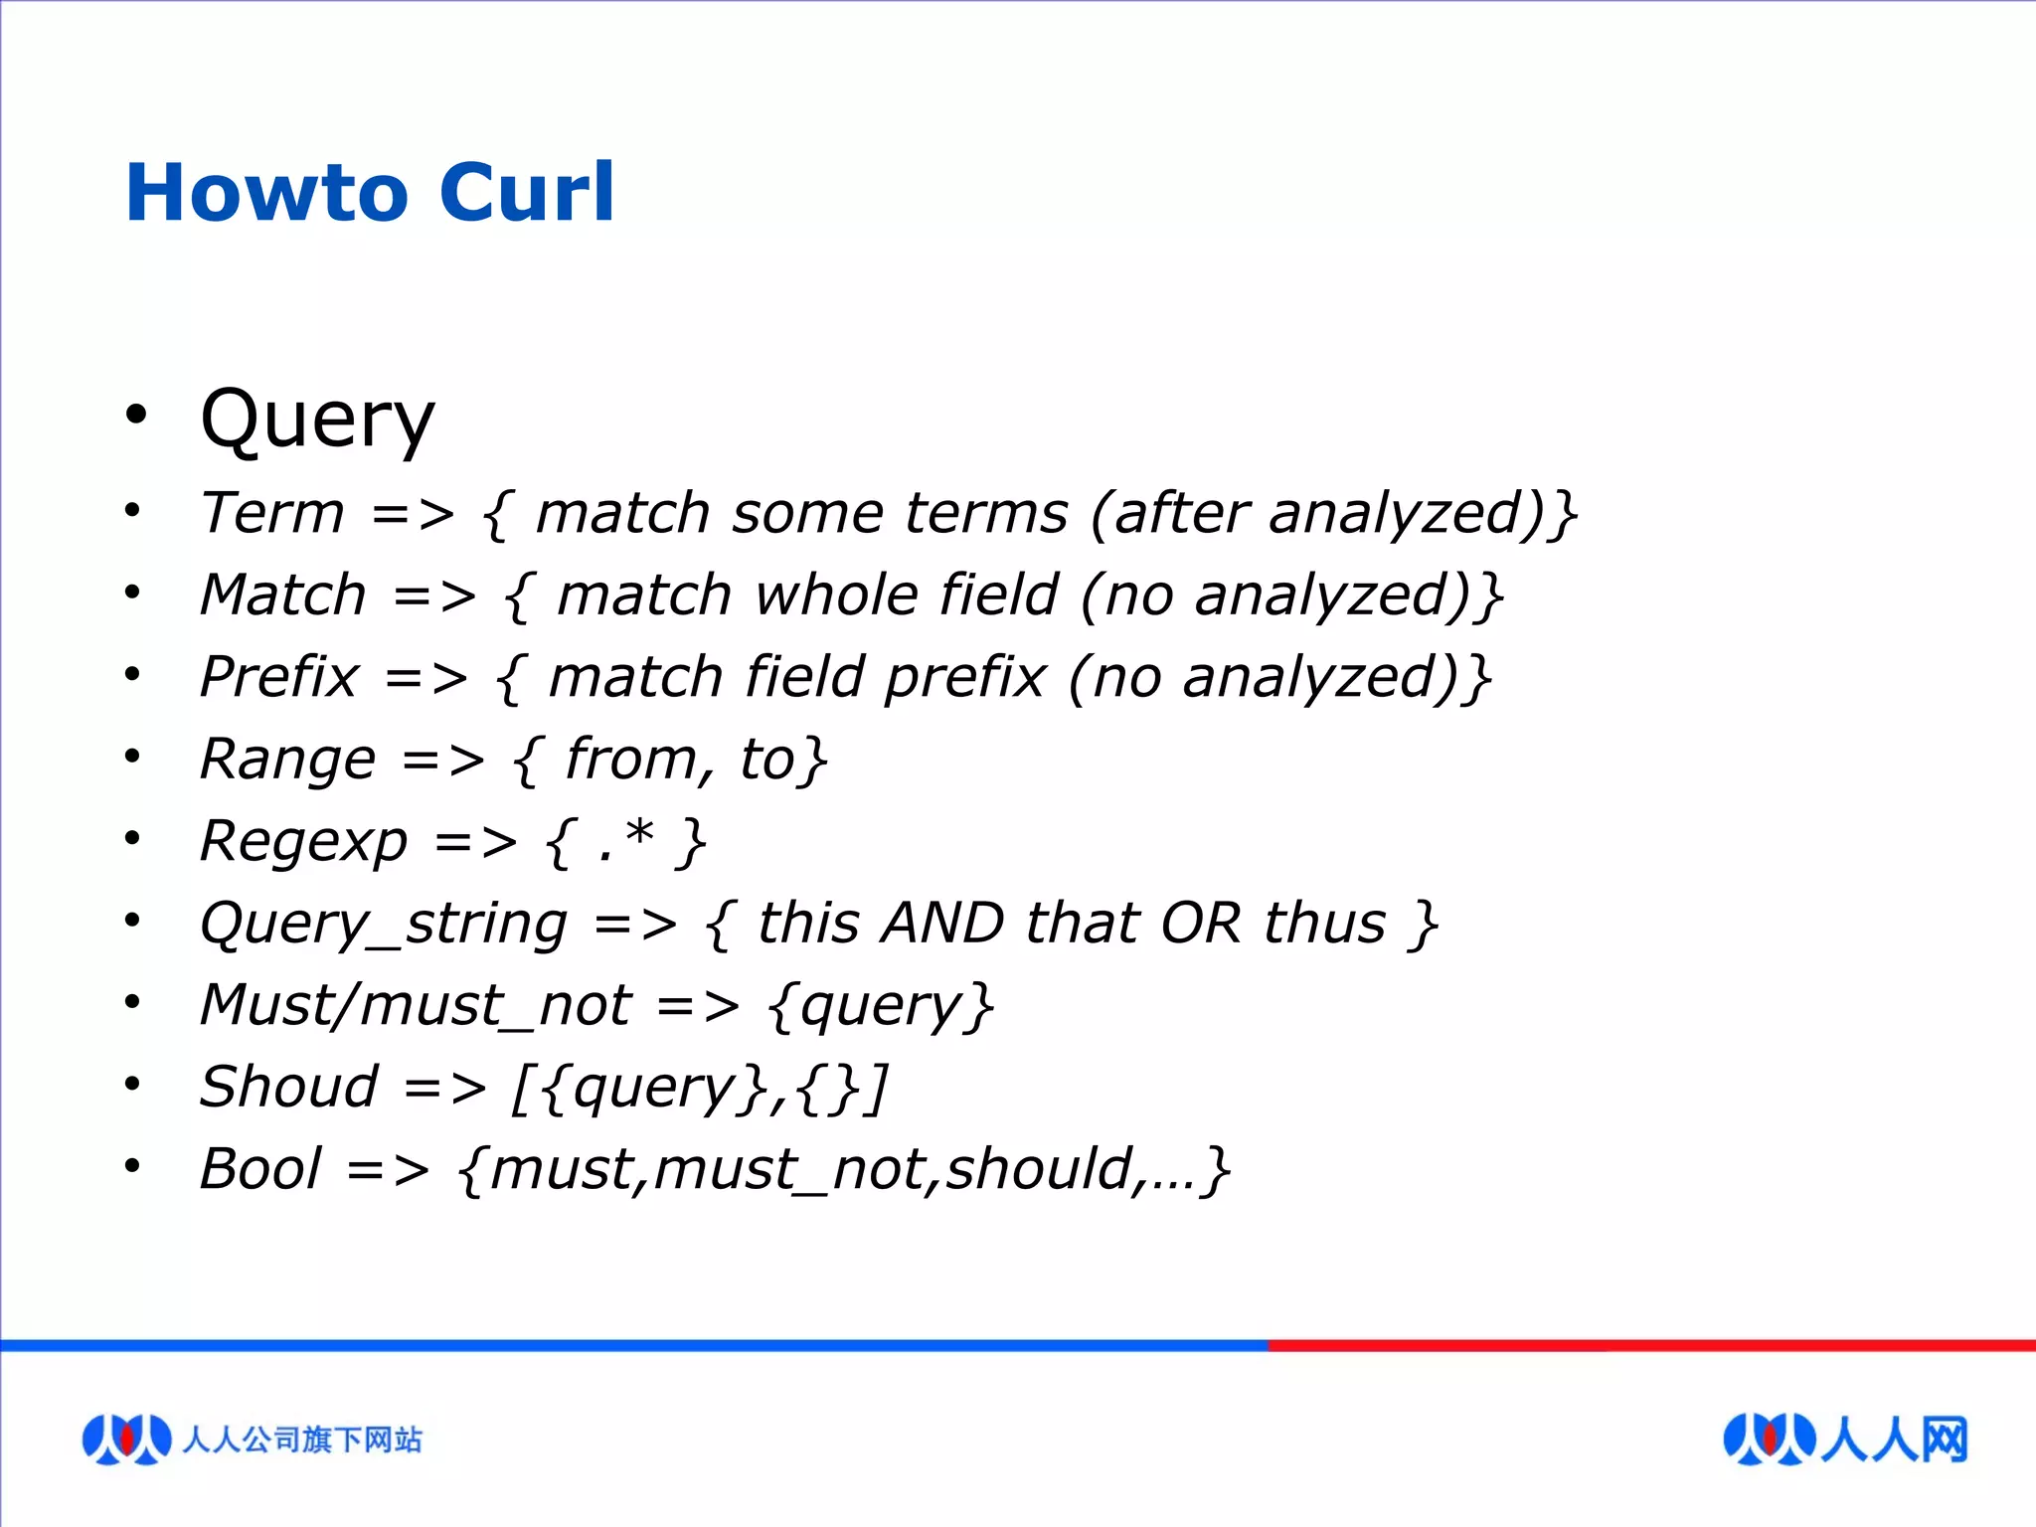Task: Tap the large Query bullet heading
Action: (317, 420)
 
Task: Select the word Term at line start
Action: (271, 513)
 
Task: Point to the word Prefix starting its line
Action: (278, 677)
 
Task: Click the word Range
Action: (287, 760)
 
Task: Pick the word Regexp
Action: (303, 842)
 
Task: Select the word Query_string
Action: (383, 924)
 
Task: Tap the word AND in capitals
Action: (943, 923)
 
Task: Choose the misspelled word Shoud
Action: (288, 1087)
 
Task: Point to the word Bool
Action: (260, 1169)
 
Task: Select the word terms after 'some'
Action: (985, 513)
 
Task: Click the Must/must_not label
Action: (416, 1005)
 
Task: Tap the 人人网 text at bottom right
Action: (1895, 1439)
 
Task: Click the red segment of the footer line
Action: (1650, 1345)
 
